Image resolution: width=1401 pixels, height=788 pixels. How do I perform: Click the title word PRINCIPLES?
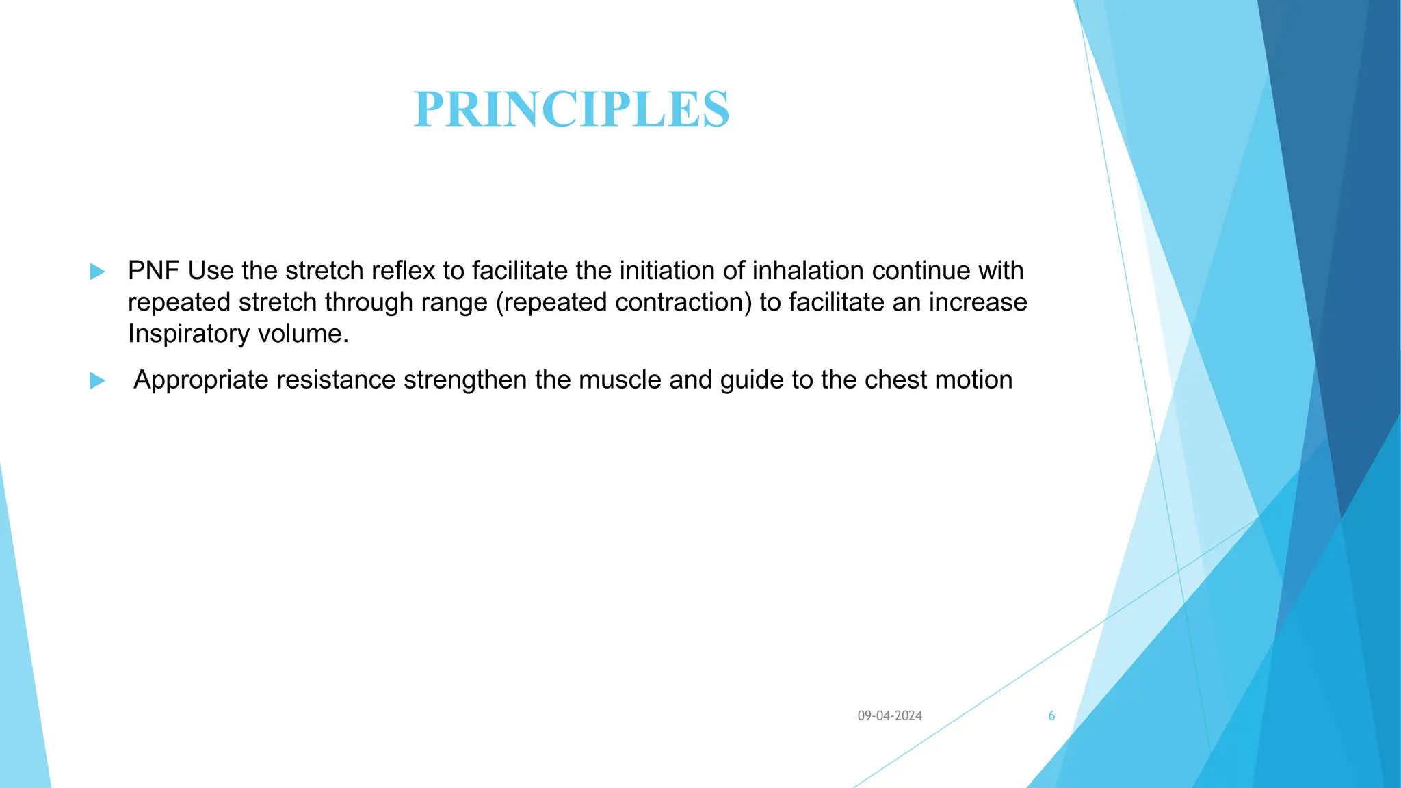pos(572,109)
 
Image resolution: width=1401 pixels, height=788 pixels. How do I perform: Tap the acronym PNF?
pos(153,271)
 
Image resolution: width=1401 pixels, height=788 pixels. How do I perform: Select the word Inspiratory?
pos(188,334)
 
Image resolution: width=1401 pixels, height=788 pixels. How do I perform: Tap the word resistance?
pos(336,380)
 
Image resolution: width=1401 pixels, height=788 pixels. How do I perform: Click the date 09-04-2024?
pos(889,715)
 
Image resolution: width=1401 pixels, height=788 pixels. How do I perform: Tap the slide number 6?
pos(1051,715)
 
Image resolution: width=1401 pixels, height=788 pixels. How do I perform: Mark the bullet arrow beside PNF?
pos(97,272)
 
